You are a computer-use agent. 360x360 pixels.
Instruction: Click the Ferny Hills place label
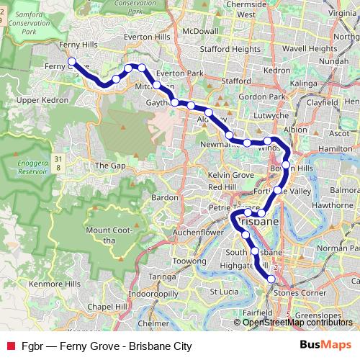[x=79, y=45]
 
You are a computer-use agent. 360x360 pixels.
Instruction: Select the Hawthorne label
[x=330, y=204]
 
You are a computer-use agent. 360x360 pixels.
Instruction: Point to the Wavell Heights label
[x=310, y=48]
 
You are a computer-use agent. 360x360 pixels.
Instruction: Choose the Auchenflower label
[x=179, y=233]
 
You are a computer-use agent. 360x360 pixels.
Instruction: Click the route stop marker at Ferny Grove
[x=72, y=62]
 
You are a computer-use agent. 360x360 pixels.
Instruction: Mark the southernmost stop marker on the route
[x=271, y=279]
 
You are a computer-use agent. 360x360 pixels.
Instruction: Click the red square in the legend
[x=10, y=346]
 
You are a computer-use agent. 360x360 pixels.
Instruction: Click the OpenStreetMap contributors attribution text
[x=300, y=322]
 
